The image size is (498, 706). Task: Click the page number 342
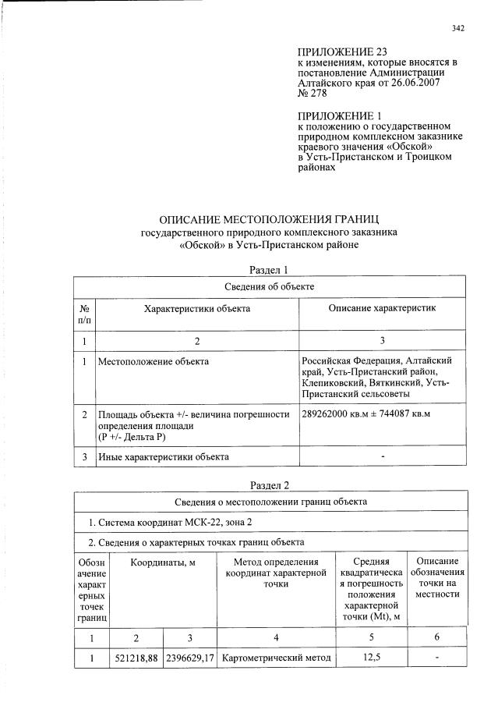[x=457, y=29]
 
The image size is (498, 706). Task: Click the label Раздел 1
[x=269, y=270]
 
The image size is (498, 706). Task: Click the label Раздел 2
[x=269, y=484]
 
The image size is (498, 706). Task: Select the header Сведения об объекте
[x=269, y=287]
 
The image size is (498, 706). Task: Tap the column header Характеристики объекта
[x=197, y=309]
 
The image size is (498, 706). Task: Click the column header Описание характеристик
[x=382, y=309]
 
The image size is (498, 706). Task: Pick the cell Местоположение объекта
[x=153, y=361]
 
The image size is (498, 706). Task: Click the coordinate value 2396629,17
[x=190, y=658]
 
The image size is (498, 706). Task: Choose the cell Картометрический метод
[x=277, y=658]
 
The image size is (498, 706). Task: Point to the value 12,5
[x=371, y=658]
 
